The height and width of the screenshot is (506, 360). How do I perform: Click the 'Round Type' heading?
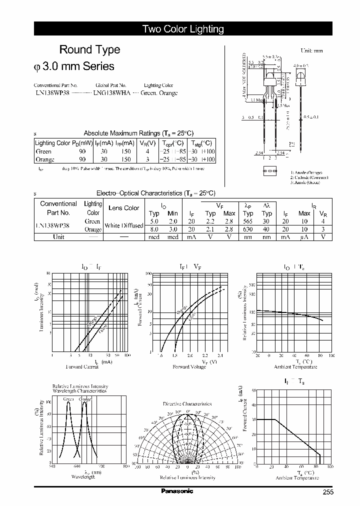click(x=89, y=49)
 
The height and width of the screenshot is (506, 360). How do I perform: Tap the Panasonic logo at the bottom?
click(x=176, y=491)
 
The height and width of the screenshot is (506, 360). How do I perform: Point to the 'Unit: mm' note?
click(x=311, y=51)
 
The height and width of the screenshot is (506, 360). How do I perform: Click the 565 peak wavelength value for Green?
click(x=248, y=221)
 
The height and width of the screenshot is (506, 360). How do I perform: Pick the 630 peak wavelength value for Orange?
click(x=248, y=229)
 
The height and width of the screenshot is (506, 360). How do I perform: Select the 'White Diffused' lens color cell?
click(x=123, y=225)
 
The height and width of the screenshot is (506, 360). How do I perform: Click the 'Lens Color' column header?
click(x=123, y=208)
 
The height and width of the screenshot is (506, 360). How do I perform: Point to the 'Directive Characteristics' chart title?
click(x=187, y=403)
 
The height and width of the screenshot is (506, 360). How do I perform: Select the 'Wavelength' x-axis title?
click(x=82, y=477)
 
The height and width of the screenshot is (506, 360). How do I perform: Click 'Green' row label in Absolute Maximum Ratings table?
click(x=43, y=151)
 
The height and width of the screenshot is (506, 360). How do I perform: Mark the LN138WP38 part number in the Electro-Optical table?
click(x=52, y=225)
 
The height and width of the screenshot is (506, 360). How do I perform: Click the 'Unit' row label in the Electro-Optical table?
click(x=58, y=237)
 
